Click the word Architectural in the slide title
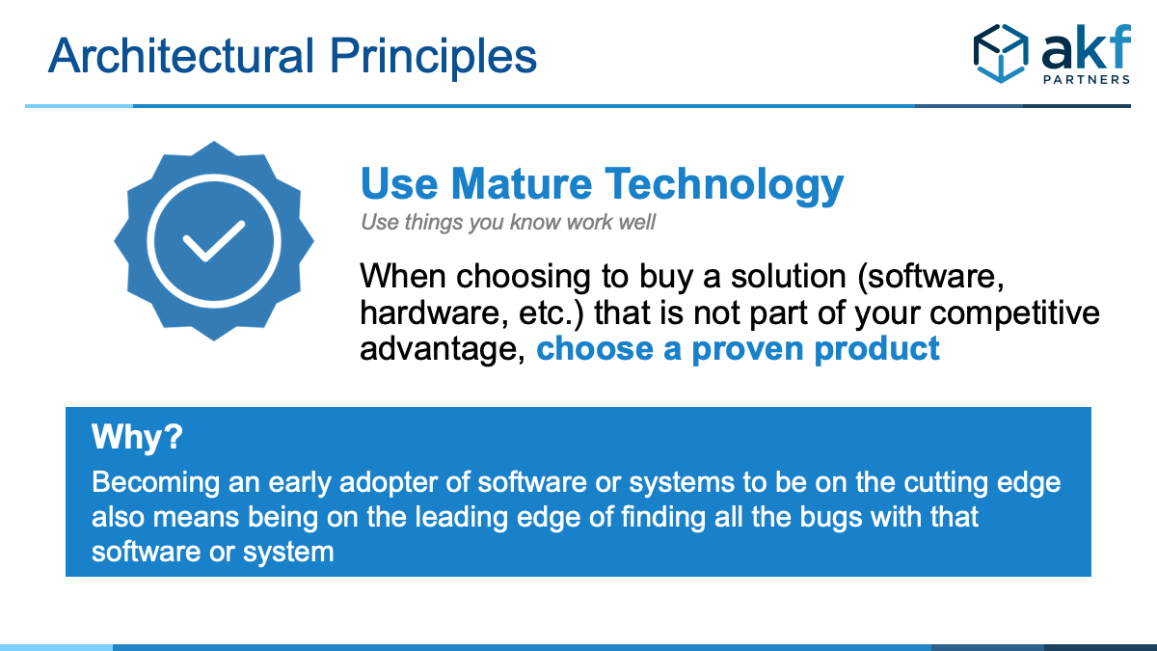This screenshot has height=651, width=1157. pos(181,55)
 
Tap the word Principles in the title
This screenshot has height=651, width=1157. pos(433,58)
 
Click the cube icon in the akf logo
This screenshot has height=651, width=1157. pos(1001,53)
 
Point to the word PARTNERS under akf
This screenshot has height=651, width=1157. pos(1087,79)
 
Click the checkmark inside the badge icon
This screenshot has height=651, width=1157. pos(213,241)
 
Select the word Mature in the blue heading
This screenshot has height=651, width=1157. pos(522,184)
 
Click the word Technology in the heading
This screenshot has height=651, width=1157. pos(724,186)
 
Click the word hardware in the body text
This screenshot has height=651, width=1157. pos(430,313)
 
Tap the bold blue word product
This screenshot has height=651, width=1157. pos(877,349)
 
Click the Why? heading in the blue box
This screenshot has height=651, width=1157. pos(137,437)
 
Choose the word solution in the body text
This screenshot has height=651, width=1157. pos(789,277)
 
